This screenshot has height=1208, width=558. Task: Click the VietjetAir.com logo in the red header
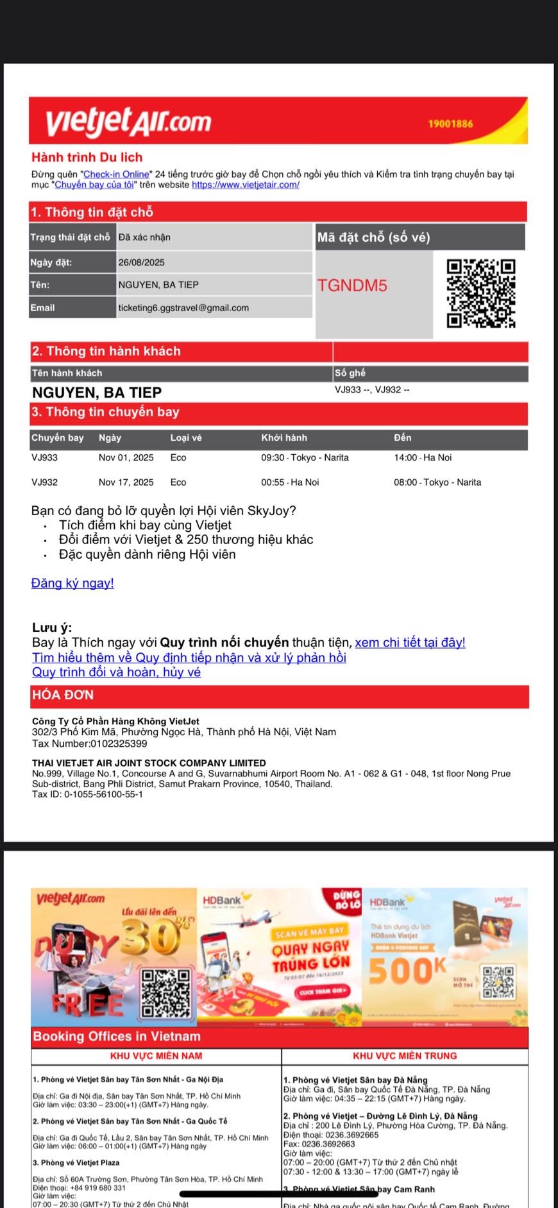[128, 122]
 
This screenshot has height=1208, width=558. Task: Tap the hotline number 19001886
[450, 124]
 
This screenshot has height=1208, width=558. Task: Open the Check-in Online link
[116, 174]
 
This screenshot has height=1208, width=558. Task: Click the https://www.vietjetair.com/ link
[246, 185]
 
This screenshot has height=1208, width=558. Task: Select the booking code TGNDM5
[352, 285]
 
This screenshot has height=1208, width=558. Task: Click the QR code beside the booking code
[481, 293]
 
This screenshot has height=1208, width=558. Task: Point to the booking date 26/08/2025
[142, 262]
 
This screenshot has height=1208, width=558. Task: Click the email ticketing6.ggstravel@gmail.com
[183, 308]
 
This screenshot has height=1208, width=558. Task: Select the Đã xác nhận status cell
[144, 237]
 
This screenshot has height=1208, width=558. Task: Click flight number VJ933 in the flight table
[44, 458]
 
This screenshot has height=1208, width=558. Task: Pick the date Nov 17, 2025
[126, 482]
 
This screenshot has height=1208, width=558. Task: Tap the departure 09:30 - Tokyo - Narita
[305, 458]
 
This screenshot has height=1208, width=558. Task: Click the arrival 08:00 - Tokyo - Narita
[437, 482]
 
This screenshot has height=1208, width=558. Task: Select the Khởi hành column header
[284, 438]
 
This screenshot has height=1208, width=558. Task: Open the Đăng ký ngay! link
[72, 583]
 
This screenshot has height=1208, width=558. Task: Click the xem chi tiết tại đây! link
[410, 643]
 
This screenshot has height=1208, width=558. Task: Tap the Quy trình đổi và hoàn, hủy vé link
[116, 672]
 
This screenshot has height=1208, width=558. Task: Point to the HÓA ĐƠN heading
[63, 695]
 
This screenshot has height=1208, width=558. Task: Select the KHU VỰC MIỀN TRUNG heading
[405, 1055]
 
